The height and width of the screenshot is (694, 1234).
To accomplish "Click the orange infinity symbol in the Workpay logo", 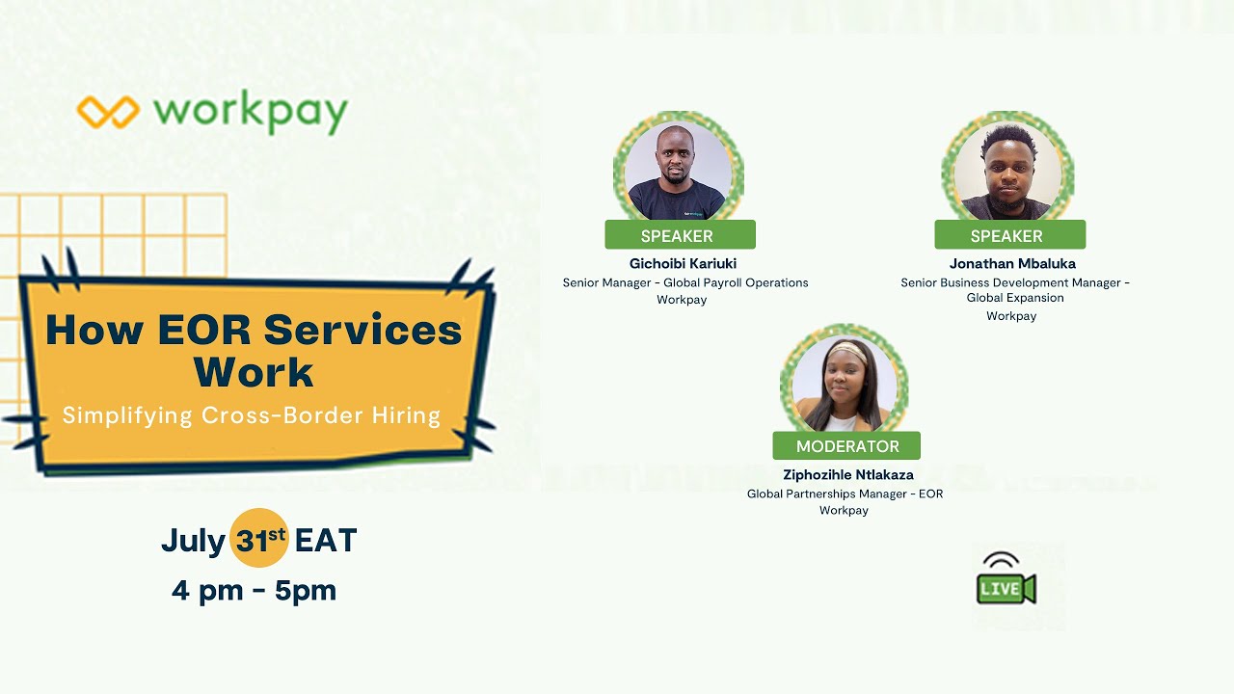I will pos(108,112).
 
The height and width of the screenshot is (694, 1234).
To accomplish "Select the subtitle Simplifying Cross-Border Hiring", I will pos(252,415).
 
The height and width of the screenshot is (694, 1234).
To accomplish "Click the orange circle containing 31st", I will pos(259,538).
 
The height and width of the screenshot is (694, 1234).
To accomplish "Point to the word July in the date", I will pos(193,540).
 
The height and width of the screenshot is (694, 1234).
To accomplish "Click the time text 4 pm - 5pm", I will pos(254,589).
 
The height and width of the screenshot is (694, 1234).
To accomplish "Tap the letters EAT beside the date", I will pos(326,540).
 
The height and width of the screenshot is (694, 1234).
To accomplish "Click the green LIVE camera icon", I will pos(1005,581).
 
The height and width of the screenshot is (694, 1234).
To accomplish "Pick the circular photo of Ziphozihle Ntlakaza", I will pos(845,384).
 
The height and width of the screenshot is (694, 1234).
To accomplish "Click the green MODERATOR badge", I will pos(846,446).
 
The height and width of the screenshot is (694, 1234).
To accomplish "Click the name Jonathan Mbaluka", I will pos(1011,263).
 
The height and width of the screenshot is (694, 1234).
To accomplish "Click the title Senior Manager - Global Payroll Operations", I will pos(684,282).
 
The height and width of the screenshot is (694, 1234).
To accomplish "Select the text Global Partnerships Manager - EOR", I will pos(845,494).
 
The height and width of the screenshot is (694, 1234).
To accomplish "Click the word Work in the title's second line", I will pos(254,373).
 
